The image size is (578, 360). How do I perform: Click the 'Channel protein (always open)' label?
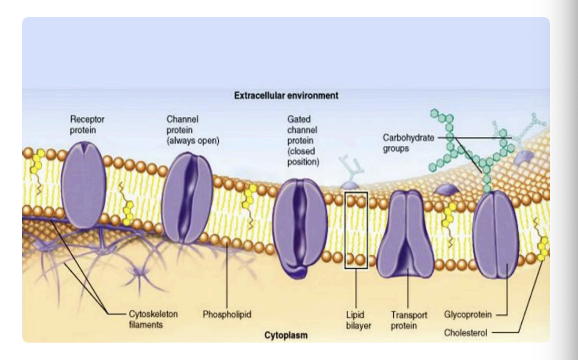point(193,130)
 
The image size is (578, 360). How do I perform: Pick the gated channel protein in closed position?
point(297,226)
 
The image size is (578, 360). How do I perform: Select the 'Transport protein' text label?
point(409,319)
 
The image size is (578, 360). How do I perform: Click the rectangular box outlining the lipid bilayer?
point(357,231)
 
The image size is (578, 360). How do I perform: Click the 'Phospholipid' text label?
point(227,315)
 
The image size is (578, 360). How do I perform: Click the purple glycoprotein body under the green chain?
point(495,236)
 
